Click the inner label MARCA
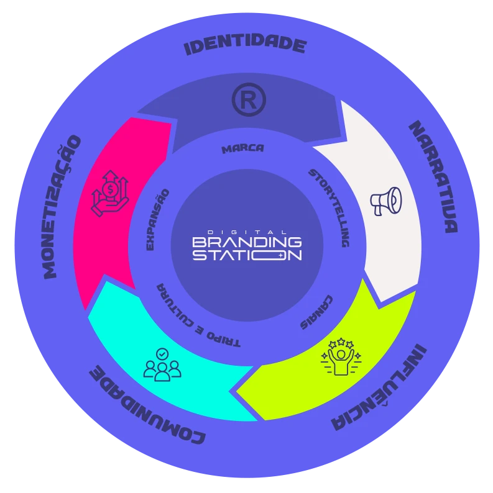242,149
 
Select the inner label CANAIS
316,312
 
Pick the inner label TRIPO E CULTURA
196,318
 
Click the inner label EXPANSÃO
157,220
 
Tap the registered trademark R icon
249,100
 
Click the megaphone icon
386,201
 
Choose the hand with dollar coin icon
110,193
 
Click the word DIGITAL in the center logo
247,232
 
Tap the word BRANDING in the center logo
247,242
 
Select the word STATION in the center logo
247,255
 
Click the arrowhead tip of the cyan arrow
86,310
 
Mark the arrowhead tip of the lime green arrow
236,391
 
